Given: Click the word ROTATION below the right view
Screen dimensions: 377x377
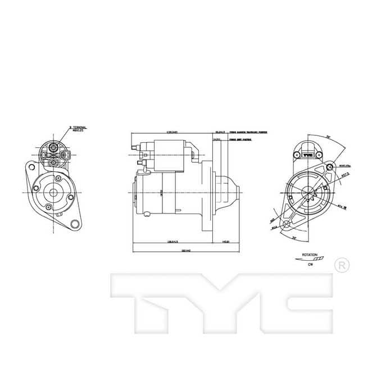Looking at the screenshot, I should coord(310,255).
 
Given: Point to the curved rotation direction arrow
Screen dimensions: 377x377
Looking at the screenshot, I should coord(309,260).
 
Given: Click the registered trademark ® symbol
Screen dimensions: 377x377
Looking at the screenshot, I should coord(341,264).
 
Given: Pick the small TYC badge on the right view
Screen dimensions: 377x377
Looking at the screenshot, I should coord(307,155).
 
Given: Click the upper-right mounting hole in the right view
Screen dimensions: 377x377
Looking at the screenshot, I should coord(328,167).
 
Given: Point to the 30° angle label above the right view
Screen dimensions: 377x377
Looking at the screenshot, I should coord(326,137).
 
